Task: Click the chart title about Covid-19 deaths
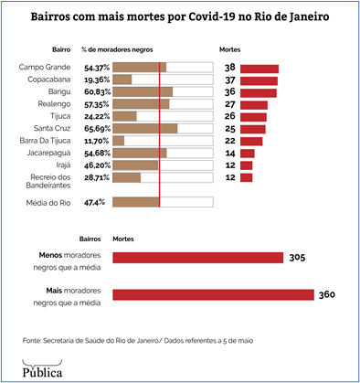click(x=180, y=17)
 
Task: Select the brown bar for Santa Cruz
click(x=144, y=129)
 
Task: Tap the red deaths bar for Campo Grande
click(x=259, y=69)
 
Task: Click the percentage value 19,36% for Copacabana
click(x=97, y=80)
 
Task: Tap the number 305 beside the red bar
click(x=296, y=259)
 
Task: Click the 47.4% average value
click(x=95, y=202)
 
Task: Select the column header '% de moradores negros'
click(x=116, y=48)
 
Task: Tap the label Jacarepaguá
click(x=52, y=153)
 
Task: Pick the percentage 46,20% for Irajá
click(x=97, y=165)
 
